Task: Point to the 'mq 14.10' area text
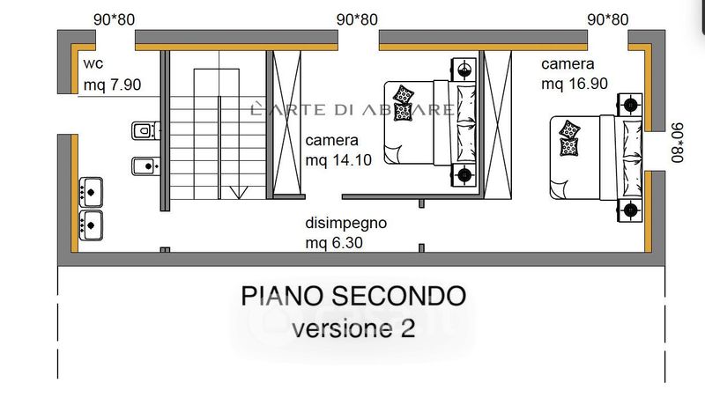339,160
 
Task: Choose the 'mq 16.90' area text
574,84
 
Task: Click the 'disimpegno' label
346,223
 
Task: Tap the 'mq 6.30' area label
335,242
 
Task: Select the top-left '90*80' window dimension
114,19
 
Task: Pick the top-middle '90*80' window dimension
357,19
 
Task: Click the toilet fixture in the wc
141,131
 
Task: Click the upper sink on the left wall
92,189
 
